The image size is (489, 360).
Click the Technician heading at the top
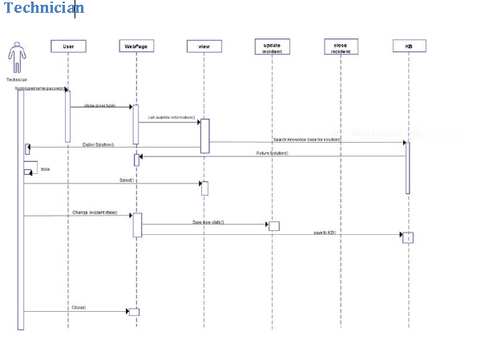[x=43, y=9]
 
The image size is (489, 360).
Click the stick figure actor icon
[x=16, y=59]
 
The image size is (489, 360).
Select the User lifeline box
[x=68, y=47]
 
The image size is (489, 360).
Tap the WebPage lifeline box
[x=135, y=47]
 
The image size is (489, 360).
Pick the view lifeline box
[x=204, y=47]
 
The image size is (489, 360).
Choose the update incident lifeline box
[x=272, y=47]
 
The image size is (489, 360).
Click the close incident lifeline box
[x=340, y=47]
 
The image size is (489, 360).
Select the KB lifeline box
[x=408, y=47]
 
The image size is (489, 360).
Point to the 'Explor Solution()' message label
[x=99, y=144]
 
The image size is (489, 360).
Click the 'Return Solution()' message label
[x=272, y=152]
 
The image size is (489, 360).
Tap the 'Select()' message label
[x=127, y=180]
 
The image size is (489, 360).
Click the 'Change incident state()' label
[x=95, y=212]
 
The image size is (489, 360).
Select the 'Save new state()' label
[x=207, y=220]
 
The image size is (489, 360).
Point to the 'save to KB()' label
[x=325, y=232]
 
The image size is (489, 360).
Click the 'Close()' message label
[x=79, y=307]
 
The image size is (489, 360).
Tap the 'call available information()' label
[x=171, y=118]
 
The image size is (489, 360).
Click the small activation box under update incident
[x=273, y=226]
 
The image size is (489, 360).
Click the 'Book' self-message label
[x=45, y=170]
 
